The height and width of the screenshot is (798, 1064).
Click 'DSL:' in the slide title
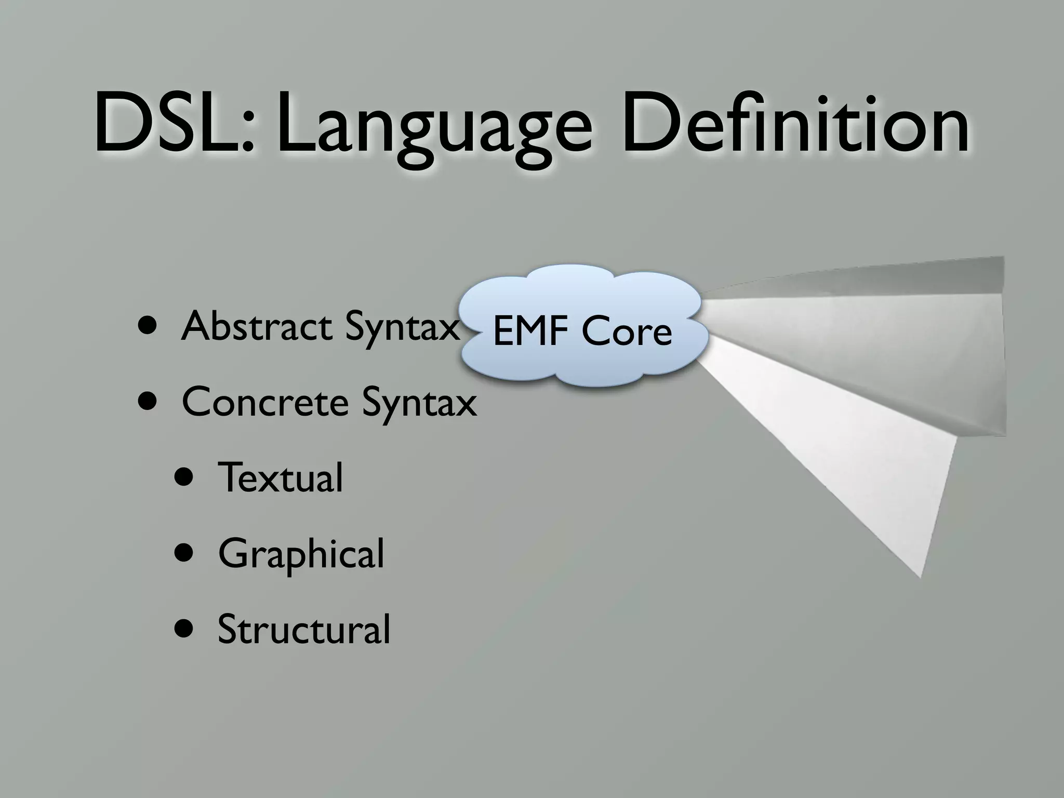pyautogui.click(x=174, y=125)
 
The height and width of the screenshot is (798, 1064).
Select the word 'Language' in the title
pyautogui.click(x=434, y=127)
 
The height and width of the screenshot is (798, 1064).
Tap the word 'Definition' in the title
pyautogui.click(x=795, y=125)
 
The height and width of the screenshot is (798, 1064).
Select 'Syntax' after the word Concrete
pyautogui.click(x=419, y=404)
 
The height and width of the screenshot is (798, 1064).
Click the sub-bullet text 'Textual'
pyautogui.click(x=281, y=477)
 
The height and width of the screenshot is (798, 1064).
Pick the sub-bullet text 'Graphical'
pyautogui.click(x=301, y=554)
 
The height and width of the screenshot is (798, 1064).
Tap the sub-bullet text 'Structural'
pyautogui.click(x=303, y=629)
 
